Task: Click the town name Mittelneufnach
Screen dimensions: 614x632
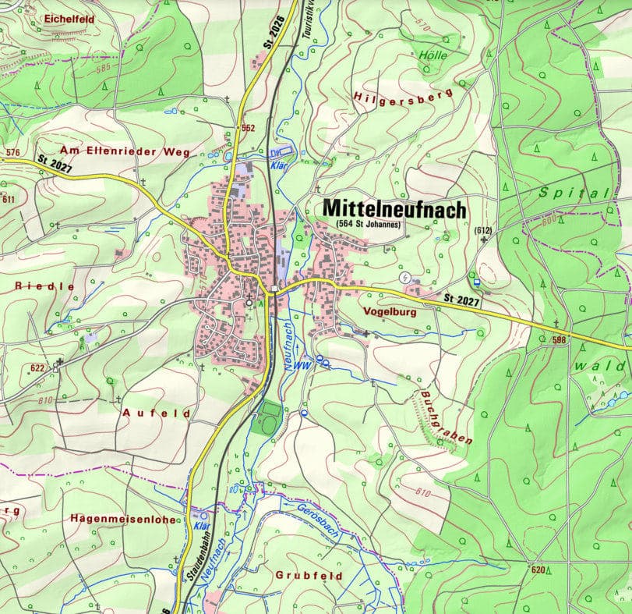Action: pyautogui.click(x=394, y=208)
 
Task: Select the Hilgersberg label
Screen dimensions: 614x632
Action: pyautogui.click(x=403, y=96)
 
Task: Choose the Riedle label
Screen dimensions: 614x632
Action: pyautogui.click(x=44, y=286)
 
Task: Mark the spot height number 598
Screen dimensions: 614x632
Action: pyautogui.click(x=559, y=340)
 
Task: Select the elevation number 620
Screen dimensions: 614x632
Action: pyautogui.click(x=538, y=570)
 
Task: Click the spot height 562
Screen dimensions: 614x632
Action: pyautogui.click(x=248, y=128)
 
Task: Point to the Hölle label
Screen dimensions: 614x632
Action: pyautogui.click(x=433, y=55)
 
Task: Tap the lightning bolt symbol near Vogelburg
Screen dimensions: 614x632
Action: pyautogui.click(x=404, y=278)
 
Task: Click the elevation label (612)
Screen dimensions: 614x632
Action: pyautogui.click(x=483, y=230)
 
